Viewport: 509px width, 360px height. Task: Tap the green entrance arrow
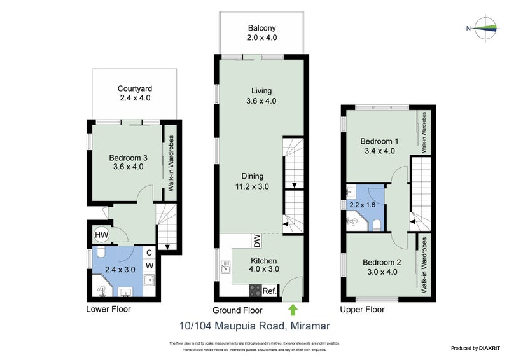pos(293,310)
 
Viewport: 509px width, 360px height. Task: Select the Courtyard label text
pos(135,88)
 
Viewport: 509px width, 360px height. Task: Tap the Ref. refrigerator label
pos(269,291)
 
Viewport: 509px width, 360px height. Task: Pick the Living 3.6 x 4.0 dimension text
pos(261,101)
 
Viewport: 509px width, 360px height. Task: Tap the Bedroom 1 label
pos(379,141)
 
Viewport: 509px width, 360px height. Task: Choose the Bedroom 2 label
pos(381,262)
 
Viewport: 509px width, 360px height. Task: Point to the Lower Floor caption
pos(108,310)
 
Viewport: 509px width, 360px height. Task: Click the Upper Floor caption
pos(361,310)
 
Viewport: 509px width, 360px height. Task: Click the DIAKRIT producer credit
pos(486,348)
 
